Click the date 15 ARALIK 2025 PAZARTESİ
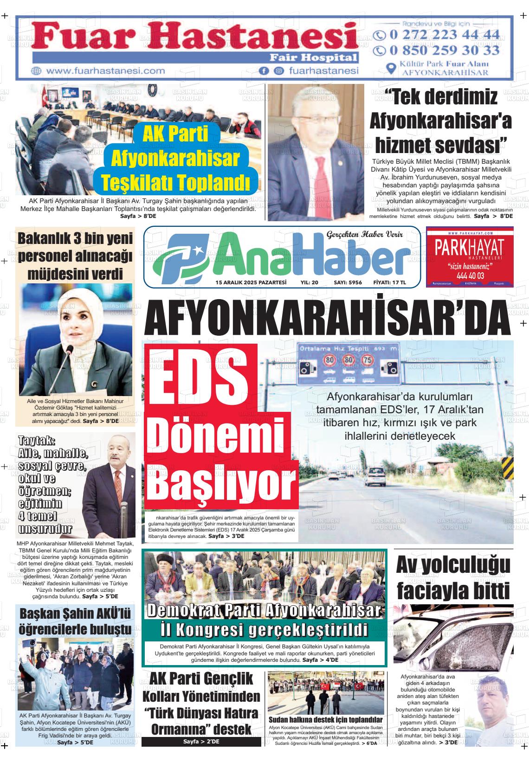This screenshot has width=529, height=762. click(x=251, y=282)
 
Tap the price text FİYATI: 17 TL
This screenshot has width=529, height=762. click(x=389, y=282)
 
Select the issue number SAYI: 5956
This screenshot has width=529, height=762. click(x=348, y=282)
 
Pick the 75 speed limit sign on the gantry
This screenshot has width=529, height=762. click(x=368, y=359)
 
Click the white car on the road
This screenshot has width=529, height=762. click(x=374, y=474)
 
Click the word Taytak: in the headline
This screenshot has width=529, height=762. click(x=37, y=440)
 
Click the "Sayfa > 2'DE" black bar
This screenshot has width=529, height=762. click(x=201, y=742)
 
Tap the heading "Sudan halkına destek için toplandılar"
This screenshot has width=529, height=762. click(x=325, y=719)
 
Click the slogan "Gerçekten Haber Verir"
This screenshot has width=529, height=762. click(x=365, y=235)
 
